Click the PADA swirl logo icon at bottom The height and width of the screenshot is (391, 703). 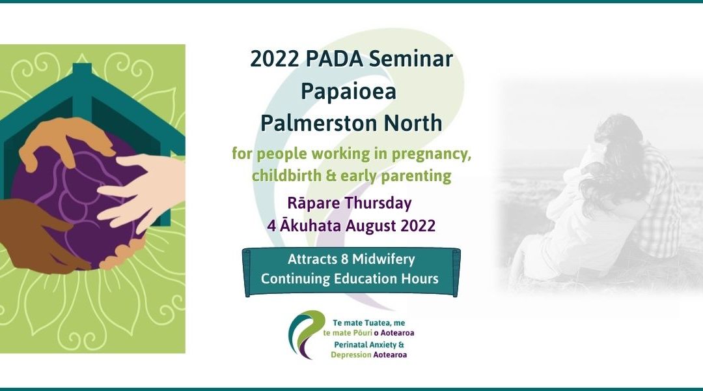[x=306, y=333]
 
